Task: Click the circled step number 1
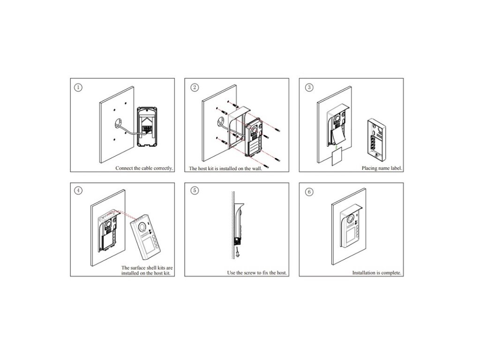pos(78,88)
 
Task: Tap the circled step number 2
pos(195,88)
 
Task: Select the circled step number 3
pos(309,88)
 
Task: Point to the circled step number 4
pos(78,190)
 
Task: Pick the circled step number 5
pos(195,190)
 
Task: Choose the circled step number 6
pos(309,192)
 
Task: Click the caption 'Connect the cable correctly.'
pos(144,168)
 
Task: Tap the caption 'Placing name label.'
pos(382,168)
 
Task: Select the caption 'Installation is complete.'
pos(376,273)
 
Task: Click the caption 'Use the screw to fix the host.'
pos(257,273)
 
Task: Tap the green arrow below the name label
pos(337,148)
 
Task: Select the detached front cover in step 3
pos(377,140)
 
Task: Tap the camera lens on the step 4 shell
pos(142,227)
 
